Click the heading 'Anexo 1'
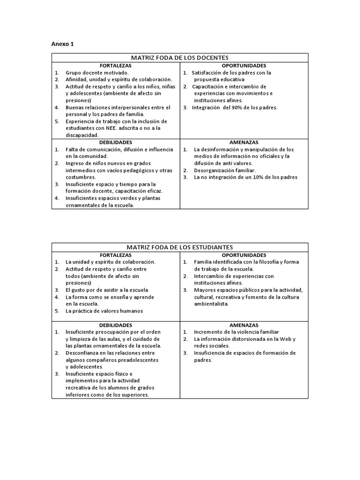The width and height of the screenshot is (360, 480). (x=62, y=44)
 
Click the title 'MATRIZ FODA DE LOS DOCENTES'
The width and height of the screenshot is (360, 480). (x=180, y=58)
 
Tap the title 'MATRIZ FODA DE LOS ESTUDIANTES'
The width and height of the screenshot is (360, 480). (x=180, y=247)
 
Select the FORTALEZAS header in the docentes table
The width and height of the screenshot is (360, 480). (x=115, y=66)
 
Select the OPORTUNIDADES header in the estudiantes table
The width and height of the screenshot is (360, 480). (x=244, y=255)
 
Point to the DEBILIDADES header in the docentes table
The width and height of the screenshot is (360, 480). (x=115, y=142)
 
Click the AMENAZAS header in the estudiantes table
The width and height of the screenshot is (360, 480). (x=244, y=325)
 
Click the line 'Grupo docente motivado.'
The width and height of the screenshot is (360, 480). (x=97, y=73)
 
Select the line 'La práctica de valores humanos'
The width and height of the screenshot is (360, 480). (x=104, y=311)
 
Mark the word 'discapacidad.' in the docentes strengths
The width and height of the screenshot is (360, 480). (x=82, y=135)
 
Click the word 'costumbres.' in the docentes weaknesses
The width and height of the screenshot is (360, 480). (x=80, y=177)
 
